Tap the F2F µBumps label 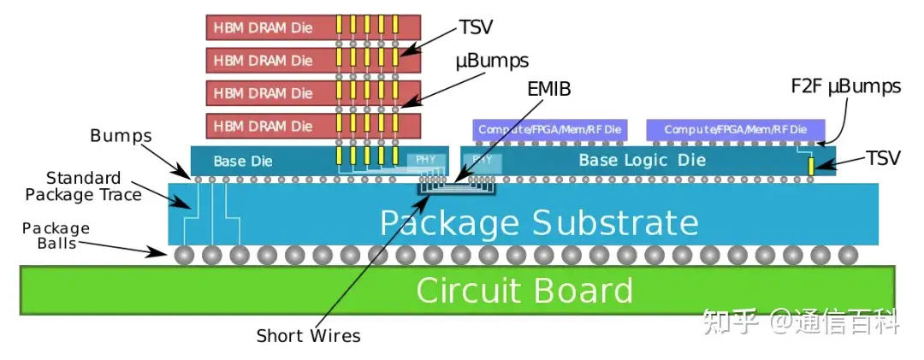coord(845,86)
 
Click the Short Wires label coord(308,336)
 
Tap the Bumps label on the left coord(121,136)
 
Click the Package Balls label coord(56,235)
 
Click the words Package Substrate coord(539,222)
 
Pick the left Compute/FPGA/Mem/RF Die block coord(550,129)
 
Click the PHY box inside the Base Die coord(425,159)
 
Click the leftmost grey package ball coord(183,254)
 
